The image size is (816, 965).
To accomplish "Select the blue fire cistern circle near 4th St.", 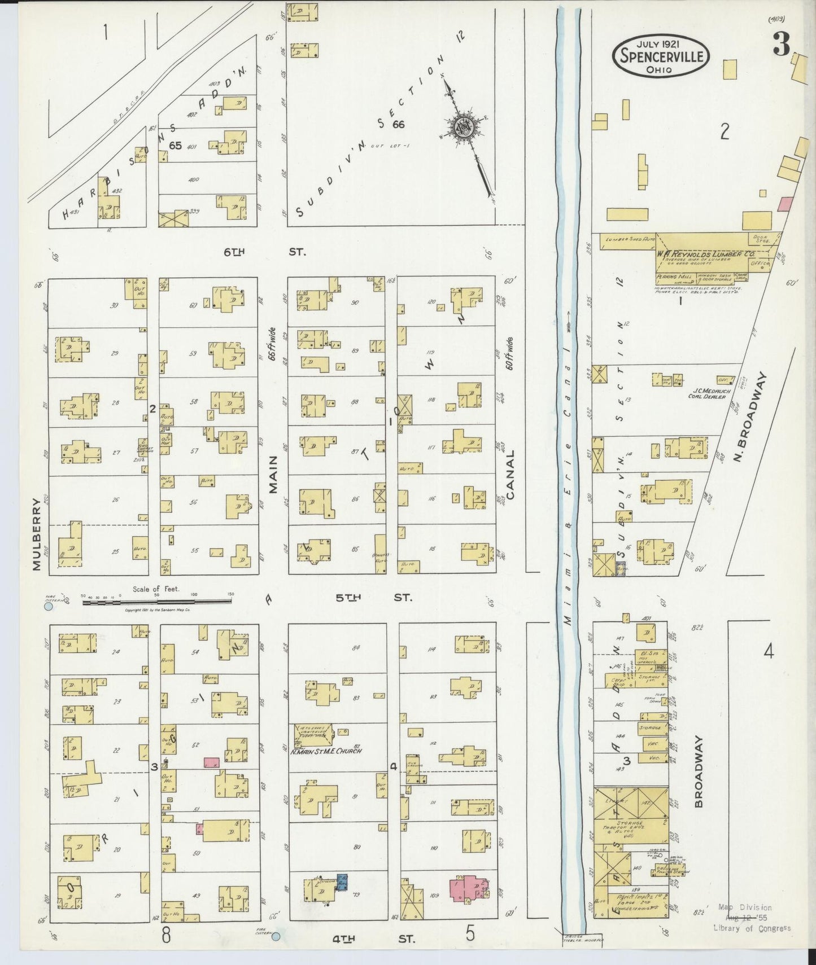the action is click(276, 937).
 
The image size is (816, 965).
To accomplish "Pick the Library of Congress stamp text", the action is click(751, 928).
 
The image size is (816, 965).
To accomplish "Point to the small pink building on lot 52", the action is click(211, 762).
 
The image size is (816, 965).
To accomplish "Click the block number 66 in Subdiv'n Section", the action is click(399, 124).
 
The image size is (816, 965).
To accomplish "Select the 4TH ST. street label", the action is click(373, 940).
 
